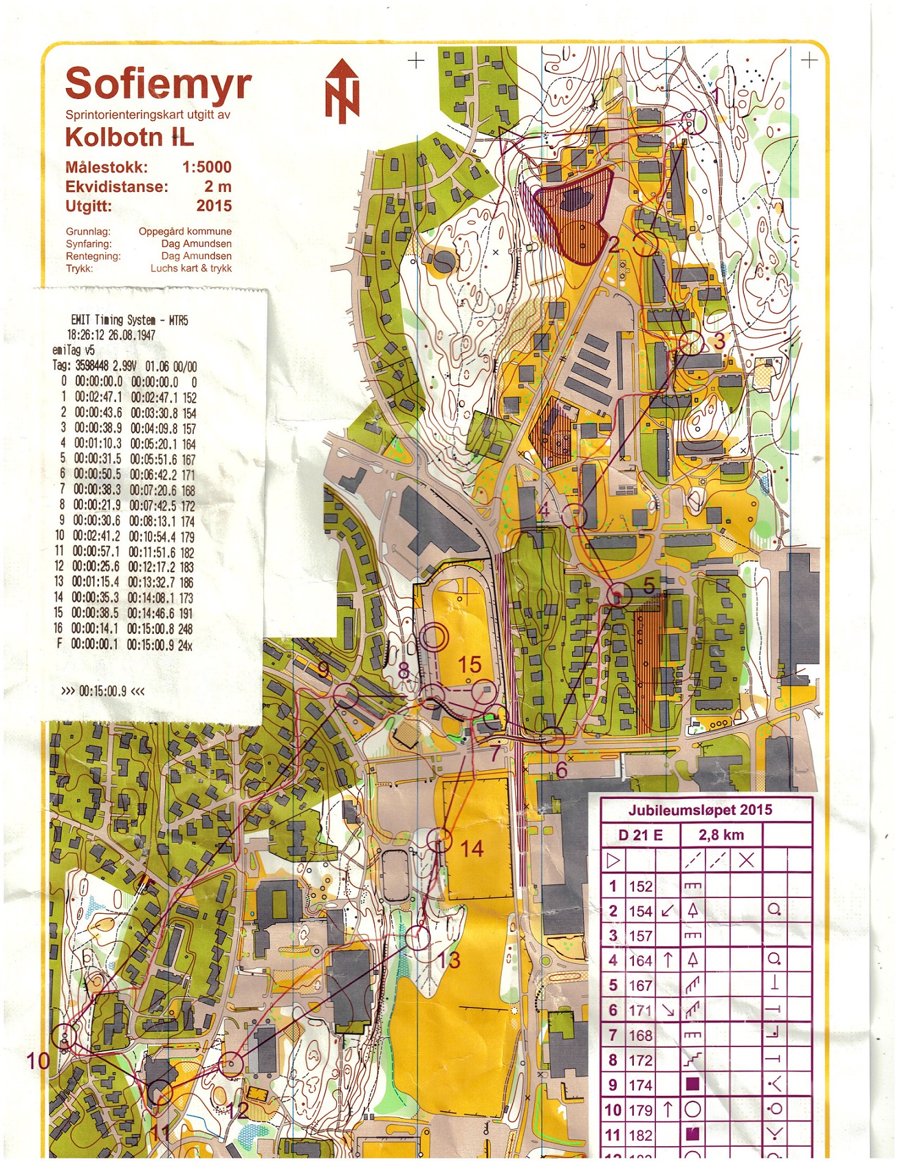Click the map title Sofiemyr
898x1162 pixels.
point(158,84)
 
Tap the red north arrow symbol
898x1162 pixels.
point(342,91)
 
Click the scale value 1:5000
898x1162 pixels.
point(207,167)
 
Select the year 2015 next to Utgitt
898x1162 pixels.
point(213,205)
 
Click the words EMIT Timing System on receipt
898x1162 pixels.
point(112,320)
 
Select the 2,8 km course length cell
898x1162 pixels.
point(721,835)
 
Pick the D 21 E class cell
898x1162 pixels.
point(640,835)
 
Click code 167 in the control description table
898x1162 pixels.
point(641,985)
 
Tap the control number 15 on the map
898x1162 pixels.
point(469,664)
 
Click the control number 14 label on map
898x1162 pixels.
point(471,848)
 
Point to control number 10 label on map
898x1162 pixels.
point(38,1061)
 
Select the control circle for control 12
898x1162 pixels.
point(230,1064)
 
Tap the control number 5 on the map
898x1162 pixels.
point(649,585)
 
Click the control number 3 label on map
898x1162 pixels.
point(719,341)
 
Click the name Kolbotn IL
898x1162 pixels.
point(129,137)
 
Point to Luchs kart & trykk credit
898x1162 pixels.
point(191,268)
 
